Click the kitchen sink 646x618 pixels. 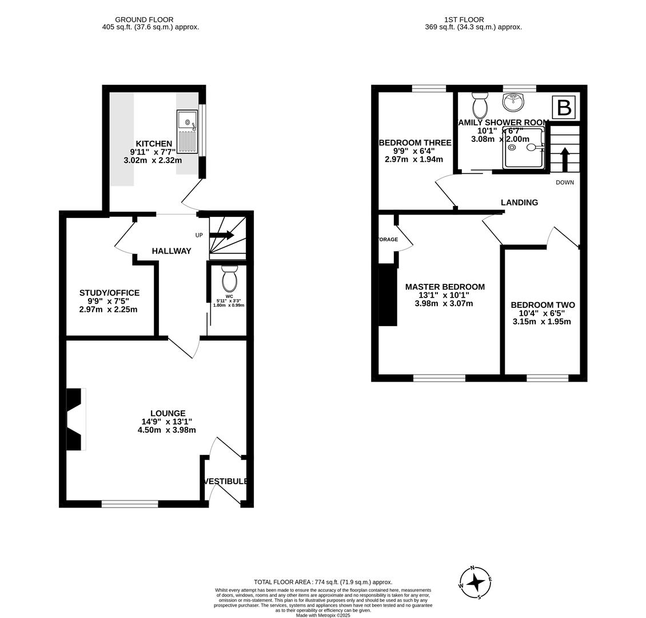pos(187,132)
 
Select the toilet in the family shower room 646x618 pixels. pos(480,105)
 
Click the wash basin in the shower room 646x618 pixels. pos(513,102)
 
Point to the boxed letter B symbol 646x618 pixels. pos(564,108)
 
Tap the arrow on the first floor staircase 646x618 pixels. pos(565,160)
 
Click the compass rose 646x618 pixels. pos(475,583)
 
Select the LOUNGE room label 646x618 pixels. pos(168,413)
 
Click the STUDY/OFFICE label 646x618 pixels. pos(109,293)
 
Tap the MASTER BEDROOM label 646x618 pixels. pos(445,287)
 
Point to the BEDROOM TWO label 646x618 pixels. pos(543,305)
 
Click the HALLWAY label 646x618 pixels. pos(172,251)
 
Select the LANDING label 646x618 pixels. pos(519,202)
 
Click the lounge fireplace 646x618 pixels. pos(75,419)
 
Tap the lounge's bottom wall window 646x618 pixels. pos(130,504)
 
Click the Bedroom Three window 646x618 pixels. pos(429,88)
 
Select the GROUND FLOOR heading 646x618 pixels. pos(144,19)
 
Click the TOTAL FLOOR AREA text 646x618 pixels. pos(323,582)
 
